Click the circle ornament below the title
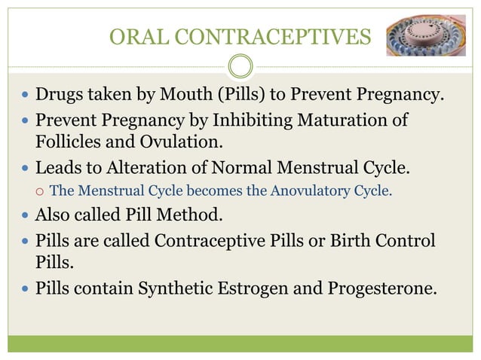coord(240,67)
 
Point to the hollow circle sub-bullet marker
coord(38,191)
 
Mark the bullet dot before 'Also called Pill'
coord(25,215)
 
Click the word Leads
coord(58,167)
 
